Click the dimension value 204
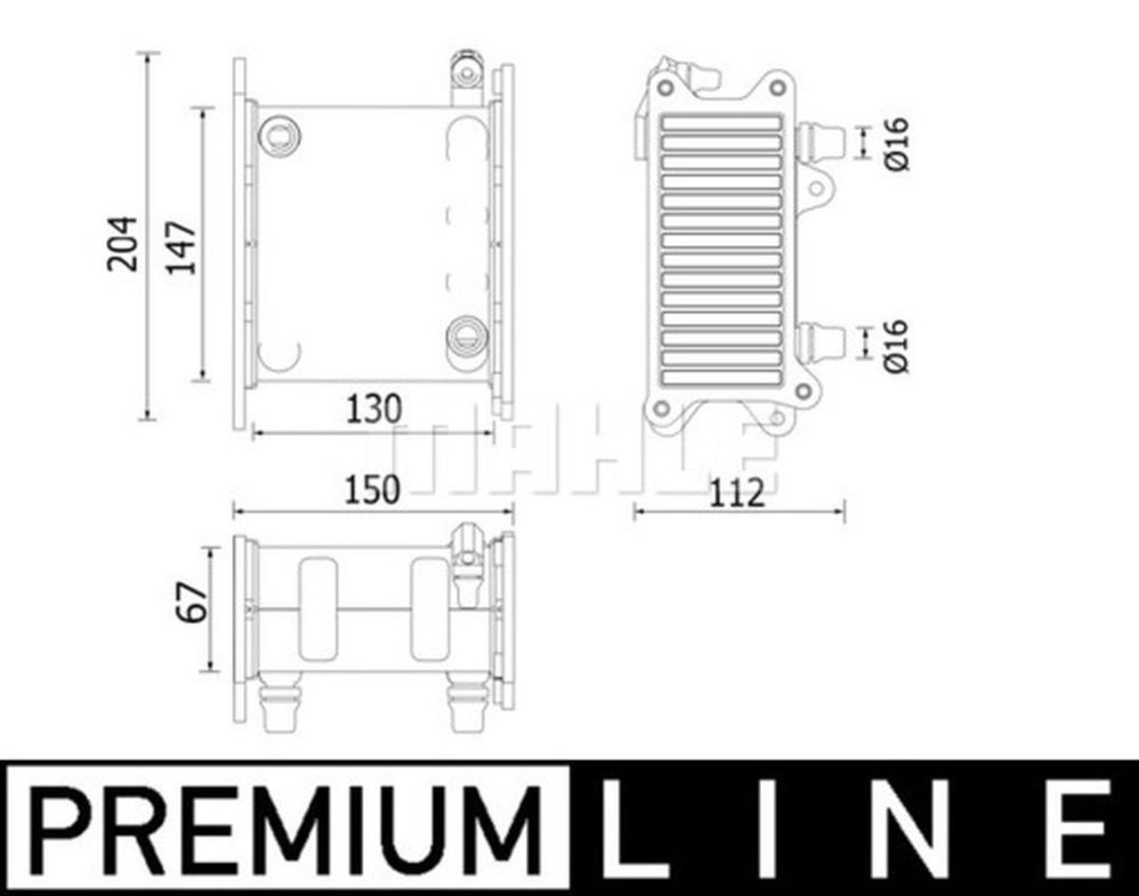[x=122, y=242]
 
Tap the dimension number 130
[x=374, y=409]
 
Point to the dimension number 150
[x=372, y=490]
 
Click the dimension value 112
[x=737, y=492]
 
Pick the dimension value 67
[x=195, y=602]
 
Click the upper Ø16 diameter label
[x=897, y=142]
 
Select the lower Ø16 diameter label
[x=897, y=344]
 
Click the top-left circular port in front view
[x=279, y=136]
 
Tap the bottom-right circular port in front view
[x=466, y=335]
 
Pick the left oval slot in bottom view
[x=318, y=609]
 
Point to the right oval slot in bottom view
[x=430, y=609]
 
